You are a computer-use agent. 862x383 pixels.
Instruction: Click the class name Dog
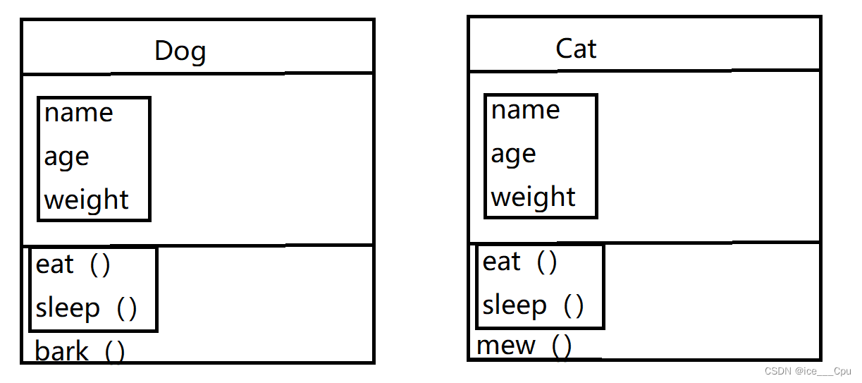coord(180,51)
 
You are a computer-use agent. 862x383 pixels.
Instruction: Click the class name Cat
coord(576,49)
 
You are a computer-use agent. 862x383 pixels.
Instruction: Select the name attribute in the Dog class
coord(78,113)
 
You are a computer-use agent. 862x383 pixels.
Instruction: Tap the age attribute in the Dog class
coord(66,157)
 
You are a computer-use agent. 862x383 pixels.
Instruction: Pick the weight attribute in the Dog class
coord(86,200)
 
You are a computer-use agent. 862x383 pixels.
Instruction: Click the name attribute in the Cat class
coord(525,110)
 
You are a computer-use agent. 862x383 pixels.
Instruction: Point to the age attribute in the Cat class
coord(513,154)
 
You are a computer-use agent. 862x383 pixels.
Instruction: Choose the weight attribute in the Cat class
coord(533,197)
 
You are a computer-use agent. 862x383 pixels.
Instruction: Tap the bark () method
coord(80,351)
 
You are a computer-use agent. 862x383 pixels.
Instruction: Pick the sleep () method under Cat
coord(533,305)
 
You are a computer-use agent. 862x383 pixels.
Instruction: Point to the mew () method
coord(524,346)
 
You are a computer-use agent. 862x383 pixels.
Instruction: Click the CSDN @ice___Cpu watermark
coord(808,371)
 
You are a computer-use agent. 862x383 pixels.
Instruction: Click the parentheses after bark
coord(115,351)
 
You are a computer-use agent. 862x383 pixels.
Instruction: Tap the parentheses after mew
coord(562,346)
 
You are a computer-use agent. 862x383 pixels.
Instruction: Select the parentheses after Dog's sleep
coord(127,308)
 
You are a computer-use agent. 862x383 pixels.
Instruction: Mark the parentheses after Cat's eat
coord(547,262)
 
